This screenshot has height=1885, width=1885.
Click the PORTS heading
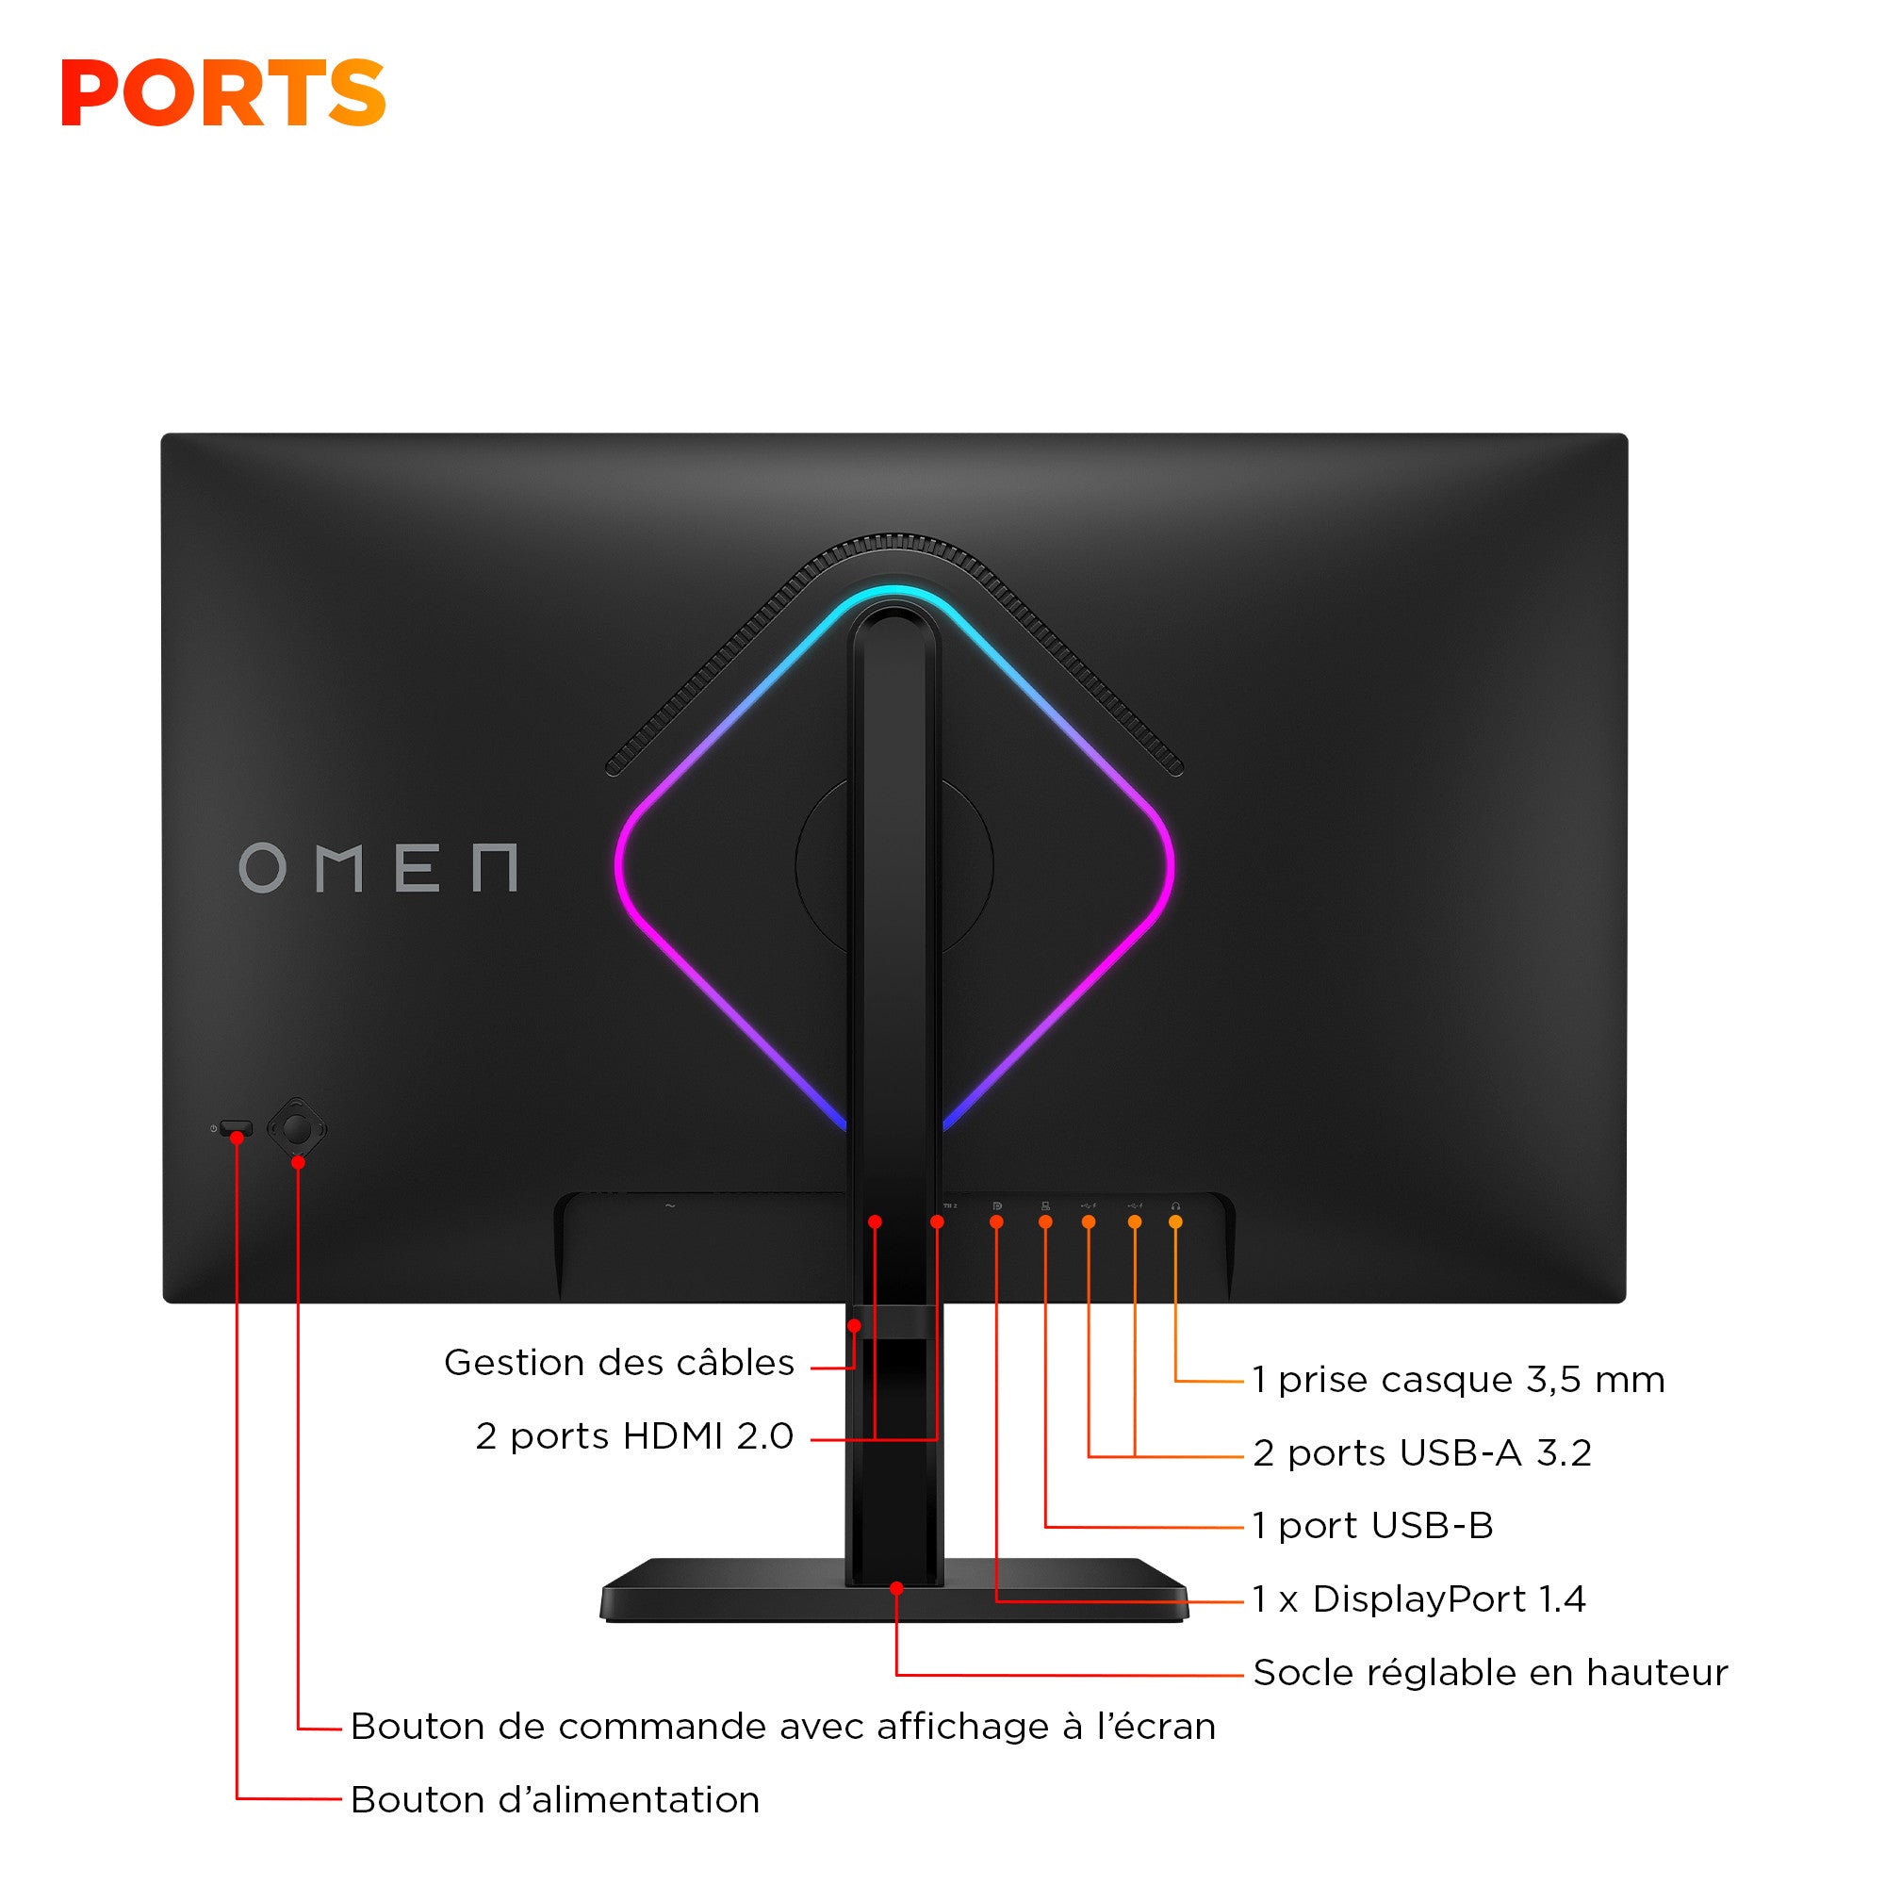point(223,92)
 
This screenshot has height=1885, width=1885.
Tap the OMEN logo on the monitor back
point(378,867)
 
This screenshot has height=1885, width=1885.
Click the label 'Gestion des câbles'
point(618,1362)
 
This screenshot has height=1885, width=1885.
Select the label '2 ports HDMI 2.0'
point(634,1435)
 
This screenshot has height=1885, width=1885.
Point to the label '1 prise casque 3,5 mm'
point(1459,1379)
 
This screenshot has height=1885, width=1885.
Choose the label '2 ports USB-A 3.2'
point(1421,1451)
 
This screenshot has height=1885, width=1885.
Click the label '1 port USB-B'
point(1373,1525)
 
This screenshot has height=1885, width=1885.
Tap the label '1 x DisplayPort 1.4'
point(1418,1598)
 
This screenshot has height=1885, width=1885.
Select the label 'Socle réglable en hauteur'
point(1490,1672)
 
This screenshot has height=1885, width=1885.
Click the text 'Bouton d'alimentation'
point(554,1799)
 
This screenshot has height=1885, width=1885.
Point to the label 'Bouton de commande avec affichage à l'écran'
point(782,1726)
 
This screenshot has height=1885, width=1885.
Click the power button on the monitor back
point(237,1129)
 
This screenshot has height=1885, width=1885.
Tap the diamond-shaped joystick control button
point(297,1129)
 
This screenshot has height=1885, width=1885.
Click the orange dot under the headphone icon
point(1175,1221)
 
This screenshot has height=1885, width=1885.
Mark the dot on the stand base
point(896,1588)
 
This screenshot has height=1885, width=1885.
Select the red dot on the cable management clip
point(854,1325)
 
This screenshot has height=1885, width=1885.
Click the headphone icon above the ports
point(1175,1206)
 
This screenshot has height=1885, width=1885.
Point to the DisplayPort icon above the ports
point(996,1206)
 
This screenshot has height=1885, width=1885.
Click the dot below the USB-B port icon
point(1045,1221)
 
